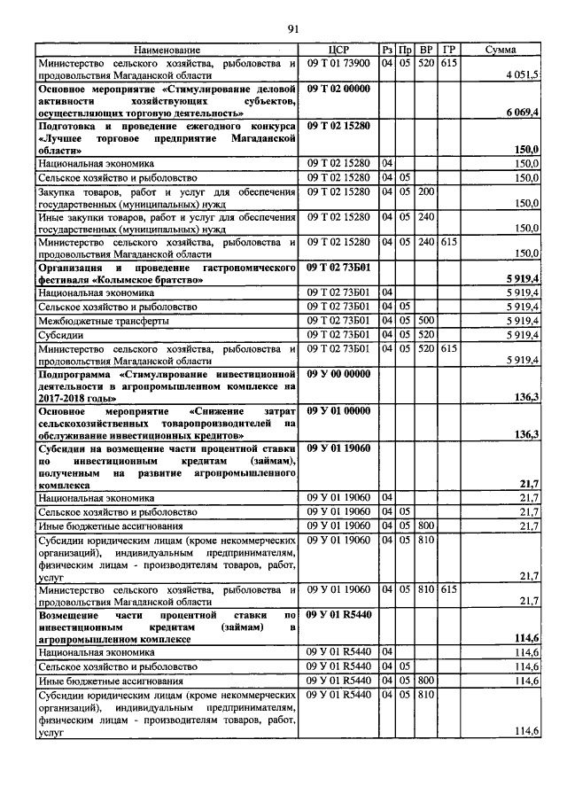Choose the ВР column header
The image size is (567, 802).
[426, 51]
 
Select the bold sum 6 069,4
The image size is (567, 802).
[523, 114]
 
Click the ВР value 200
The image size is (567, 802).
[426, 191]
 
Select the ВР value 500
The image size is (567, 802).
[426, 319]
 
